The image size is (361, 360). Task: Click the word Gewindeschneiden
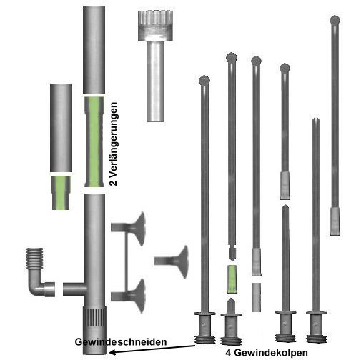121,342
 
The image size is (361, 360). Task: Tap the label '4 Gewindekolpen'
267,352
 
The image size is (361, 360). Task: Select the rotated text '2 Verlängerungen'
114,144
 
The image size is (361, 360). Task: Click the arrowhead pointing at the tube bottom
112,352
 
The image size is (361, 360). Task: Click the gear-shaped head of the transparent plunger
155,26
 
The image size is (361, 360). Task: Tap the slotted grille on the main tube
94,317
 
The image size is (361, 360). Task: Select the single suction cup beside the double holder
172,261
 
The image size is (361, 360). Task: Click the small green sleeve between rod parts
232,279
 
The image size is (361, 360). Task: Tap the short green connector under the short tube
61,193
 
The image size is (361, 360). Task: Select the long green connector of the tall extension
94,142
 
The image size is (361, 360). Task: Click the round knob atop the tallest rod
335,20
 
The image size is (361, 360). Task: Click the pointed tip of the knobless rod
316,117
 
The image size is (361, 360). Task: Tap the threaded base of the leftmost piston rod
204,339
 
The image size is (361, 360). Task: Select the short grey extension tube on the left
61,128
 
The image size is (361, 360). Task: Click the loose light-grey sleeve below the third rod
256,297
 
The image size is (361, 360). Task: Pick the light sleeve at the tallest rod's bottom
335,221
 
